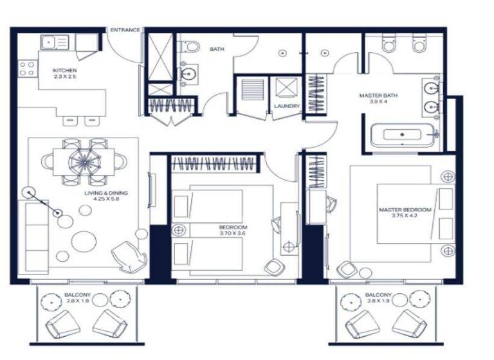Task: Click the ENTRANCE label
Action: point(125,30)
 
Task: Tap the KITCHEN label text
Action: point(66,70)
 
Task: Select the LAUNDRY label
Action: point(283,105)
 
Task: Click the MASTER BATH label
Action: point(378,96)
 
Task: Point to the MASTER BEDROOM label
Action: point(405,210)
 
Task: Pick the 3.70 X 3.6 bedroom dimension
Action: point(233,233)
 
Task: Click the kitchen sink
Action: point(55,43)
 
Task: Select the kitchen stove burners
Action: point(26,69)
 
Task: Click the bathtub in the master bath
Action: point(403,136)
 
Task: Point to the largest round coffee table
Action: point(84,241)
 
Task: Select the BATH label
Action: point(215,48)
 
